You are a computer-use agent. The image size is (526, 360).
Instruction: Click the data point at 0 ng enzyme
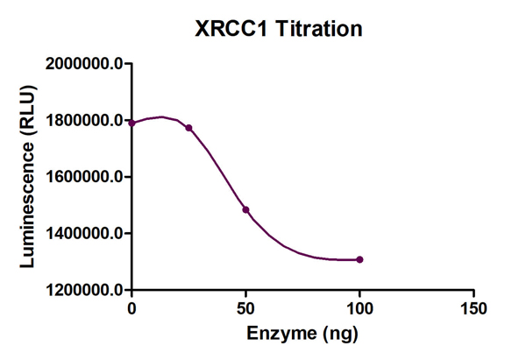(x=131, y=124)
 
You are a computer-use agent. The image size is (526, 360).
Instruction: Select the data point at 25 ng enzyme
(x=188, y=128)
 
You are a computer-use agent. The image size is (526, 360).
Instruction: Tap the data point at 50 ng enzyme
(x=245, y=209)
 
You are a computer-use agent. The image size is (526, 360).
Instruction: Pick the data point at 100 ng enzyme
(x=359, y=259)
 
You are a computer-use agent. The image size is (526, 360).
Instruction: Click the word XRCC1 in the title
(x=232, y=29)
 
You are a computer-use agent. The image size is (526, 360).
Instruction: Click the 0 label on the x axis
(x=131, y=308)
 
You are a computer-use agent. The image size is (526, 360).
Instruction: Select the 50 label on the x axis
(x=245, y=308)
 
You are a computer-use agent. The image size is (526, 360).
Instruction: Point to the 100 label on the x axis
(x=359, y=308)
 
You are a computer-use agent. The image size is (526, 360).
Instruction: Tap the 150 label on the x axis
(x=473, y=308)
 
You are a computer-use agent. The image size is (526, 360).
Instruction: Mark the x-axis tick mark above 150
(x=473, y=294)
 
